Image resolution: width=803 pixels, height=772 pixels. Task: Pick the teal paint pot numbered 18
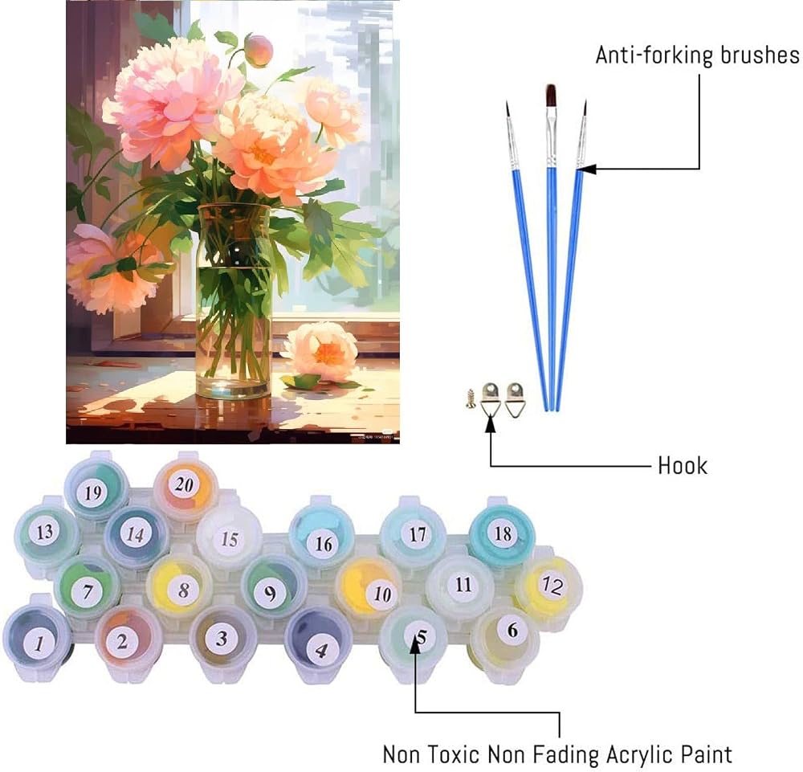pyautogui.click(x=501, y=533)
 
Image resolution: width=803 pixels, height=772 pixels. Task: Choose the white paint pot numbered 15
pyautogui.click(x=229, y=537)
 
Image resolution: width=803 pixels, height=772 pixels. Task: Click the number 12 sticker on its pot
pyautogui.click(x=552, y=585)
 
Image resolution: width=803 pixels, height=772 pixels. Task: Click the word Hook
pyautogui.click(x=682, y=466)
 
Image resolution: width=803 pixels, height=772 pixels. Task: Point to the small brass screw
pyautogui.click(x=470, y=398)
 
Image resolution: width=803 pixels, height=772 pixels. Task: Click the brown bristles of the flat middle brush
pyautogui.click(x=551, y=96)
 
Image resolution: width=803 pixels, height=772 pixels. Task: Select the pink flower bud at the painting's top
pyautogui.click(x=258, y=50)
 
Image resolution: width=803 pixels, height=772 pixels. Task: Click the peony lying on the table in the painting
pyautogui.click(x=321, y=353)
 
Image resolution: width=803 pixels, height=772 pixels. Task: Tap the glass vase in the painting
pyautogui.click(x=234, y=301)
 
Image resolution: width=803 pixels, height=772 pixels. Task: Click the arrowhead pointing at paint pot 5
pyautogui.click(x=415, y=644)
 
